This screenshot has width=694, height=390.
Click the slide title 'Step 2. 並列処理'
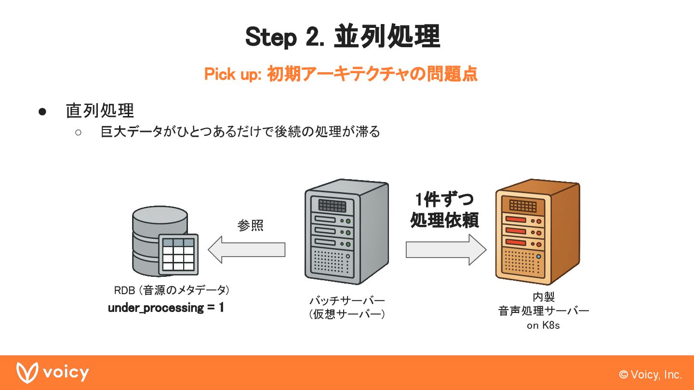[343, 37]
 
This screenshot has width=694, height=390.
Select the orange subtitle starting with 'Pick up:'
[341, 74]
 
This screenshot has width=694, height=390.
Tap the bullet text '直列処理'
[100, 111]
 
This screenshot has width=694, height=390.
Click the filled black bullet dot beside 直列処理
[42, 112]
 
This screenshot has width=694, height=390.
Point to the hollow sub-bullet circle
[78, 132]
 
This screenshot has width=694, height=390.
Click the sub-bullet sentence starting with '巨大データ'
[240, 131]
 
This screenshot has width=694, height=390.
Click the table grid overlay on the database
[178, 254]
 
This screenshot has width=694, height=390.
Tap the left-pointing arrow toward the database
[246, 249]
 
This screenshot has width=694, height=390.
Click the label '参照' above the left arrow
[250, 225]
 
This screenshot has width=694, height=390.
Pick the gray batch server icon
[347, 232]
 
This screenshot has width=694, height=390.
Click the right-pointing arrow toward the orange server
[446, 249]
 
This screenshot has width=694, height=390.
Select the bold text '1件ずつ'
[445, 199]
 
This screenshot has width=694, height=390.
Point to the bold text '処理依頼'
[444, 220]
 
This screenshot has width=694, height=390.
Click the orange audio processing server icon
[538, 232]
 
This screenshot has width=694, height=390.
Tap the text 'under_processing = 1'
[166, 308]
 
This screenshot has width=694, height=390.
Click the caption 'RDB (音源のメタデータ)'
[172, 290]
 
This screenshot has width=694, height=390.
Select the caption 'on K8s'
[543, 325]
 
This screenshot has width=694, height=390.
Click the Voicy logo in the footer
[53, 372]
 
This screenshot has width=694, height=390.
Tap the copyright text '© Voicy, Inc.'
[650, 375]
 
